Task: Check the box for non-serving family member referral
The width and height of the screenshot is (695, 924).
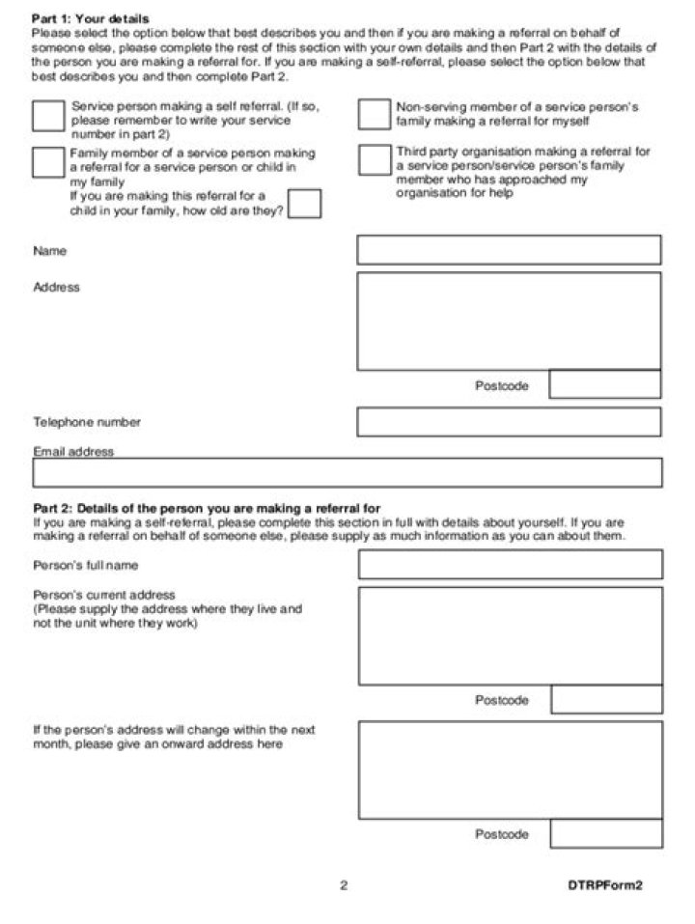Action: click(x=374, y=114)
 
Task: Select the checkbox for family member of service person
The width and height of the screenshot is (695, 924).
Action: click(x=48, y=161)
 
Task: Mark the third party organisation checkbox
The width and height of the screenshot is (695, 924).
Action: click(x=374, y=160)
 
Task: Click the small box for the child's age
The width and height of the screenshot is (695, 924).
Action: click(x=305, y=204)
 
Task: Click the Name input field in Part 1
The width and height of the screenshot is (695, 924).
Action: click(x=509, y=250)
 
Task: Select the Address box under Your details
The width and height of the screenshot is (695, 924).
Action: click(x=509, y=321)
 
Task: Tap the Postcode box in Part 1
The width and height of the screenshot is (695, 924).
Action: click(x=605, y=384)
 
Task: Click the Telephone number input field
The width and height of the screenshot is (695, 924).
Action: click(x=509, y=422)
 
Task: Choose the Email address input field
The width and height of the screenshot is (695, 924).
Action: click(x=347, y=473)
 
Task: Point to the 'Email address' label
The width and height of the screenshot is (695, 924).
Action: click(x=73, y=451)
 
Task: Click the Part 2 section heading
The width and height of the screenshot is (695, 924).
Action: click(x=207, y=508)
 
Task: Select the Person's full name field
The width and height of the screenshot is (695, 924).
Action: click(x=510, y=565)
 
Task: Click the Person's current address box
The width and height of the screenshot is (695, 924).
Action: click(x=510, y=635)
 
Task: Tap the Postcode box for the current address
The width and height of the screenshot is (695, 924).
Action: click(x=606, y=700)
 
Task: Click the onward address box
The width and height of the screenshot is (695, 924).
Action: click(x=510, y=770)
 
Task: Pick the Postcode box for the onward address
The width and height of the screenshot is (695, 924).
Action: click(x=606, y=834)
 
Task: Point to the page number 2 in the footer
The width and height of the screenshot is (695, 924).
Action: click(x=344, y=884)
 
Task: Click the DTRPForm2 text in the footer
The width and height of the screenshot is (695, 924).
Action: click(x=604, y=884)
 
